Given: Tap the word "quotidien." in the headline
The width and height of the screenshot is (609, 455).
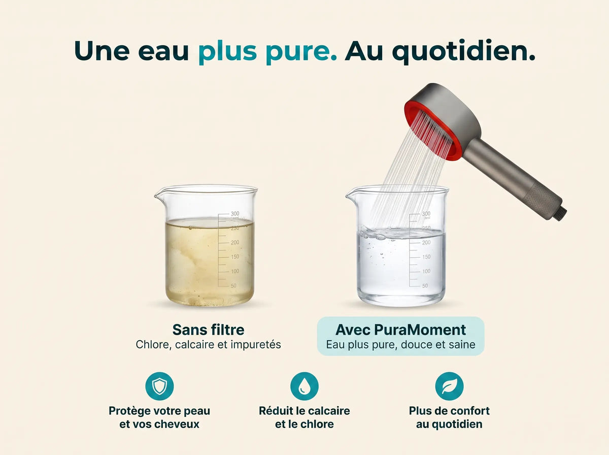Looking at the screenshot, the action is pyautogui.click(x=464, y=51).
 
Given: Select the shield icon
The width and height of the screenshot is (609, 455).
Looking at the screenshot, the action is pyautogui.click(x=159, y=386).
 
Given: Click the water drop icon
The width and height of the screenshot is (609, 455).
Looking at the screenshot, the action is pyautogui.click(x=304, y=386).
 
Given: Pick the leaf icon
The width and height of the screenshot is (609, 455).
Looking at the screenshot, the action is pyautogui.click(x=449, y=386).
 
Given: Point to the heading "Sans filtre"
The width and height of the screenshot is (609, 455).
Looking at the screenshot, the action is pyautogui.click(x=209, y=330).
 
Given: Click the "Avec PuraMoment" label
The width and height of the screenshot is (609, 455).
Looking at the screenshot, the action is pyautogui.click(x=400, y=330).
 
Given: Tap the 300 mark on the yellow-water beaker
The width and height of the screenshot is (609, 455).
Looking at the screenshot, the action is pyautogui.click(x=235, y=213).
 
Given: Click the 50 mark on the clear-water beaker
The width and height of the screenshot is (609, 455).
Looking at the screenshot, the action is pyautogui.click(x=425, y=286).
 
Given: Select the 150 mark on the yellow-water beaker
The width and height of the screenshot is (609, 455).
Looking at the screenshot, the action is pyautogui.click(x=235, y=257).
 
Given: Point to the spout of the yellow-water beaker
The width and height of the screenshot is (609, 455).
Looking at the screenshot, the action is pyautogui.click(x=158, y=194).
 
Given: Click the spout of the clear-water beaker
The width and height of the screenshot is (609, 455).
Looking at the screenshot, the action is pyautogui.click(x=349, y=194).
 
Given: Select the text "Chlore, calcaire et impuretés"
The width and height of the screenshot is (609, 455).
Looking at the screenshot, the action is pyautogui.click(x=209, y=345).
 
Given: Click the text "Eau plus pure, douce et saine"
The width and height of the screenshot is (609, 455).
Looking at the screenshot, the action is pyautogui.click(x=400, y=345).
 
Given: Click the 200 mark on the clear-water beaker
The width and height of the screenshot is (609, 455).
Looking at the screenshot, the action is pyautogui.click(x=426, y=242).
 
